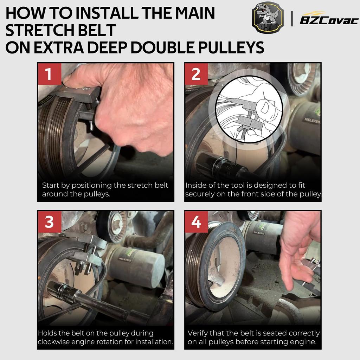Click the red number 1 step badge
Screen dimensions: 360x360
pos(49,74)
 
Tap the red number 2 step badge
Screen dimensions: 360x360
pos(196,74)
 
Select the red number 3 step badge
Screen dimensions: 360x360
pos(49,222)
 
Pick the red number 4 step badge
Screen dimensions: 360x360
pos(196,222)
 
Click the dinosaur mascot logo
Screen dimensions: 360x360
pos(268,18)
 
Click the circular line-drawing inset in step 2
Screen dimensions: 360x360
pos(249,109)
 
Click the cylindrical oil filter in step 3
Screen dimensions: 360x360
pos(135,266)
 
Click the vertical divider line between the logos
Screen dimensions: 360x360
pos(292,19)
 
